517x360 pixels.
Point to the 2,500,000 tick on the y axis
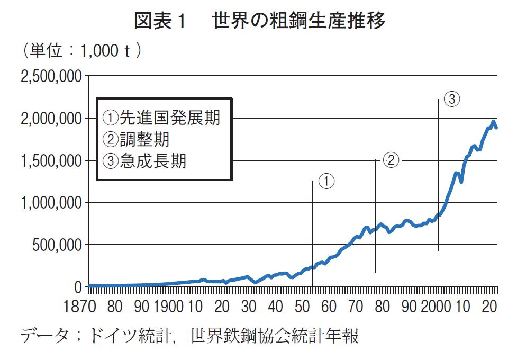pyautogui.click(x=51, y=77)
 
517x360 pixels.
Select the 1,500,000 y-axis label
pyautogui.click(x=51, y=160)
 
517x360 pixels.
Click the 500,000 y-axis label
pyautogui.click(x=57, y=245)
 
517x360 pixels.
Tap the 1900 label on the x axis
pyautogui.click(x=169, y=307)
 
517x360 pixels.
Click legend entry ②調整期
pyautogui.click(x=137, y=139)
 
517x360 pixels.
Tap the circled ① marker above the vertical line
pyautogui.click(x=328, y=181)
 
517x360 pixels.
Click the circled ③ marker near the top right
pyautogui.click(x=451, y=99)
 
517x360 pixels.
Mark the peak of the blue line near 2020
pyautogui.click(x=493, y=122)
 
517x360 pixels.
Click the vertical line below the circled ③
pyautogui.click(x=439, y=175)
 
